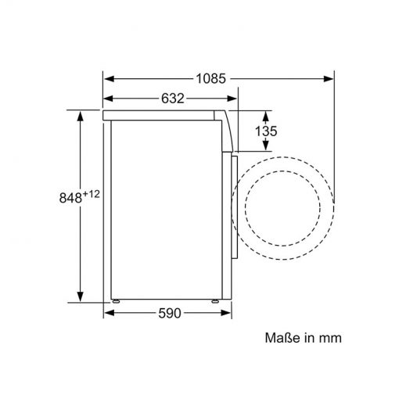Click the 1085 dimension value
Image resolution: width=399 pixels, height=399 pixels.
(x=210, y=78)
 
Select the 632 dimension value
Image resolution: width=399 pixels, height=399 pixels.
(x=173, y=99)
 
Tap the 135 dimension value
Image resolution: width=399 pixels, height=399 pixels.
(x=266, y=131)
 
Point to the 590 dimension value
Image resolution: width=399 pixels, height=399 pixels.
(x=170, y=313)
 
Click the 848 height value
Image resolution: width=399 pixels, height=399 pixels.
(x=70, y=198)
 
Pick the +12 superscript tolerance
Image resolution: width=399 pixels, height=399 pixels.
(x=91, y=194)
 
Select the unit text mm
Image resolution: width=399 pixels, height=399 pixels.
(x=330, y=339)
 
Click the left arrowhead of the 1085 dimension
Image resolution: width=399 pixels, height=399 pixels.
(x=109, y=78)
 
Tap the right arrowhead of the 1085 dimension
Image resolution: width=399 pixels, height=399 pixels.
(x=329, y=78)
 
